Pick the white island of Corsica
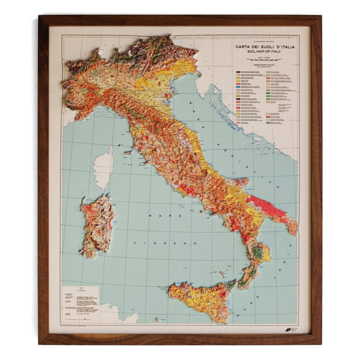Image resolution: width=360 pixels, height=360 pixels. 103,168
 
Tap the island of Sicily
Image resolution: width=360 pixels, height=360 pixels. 203,301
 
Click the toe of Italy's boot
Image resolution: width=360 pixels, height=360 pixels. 238,287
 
